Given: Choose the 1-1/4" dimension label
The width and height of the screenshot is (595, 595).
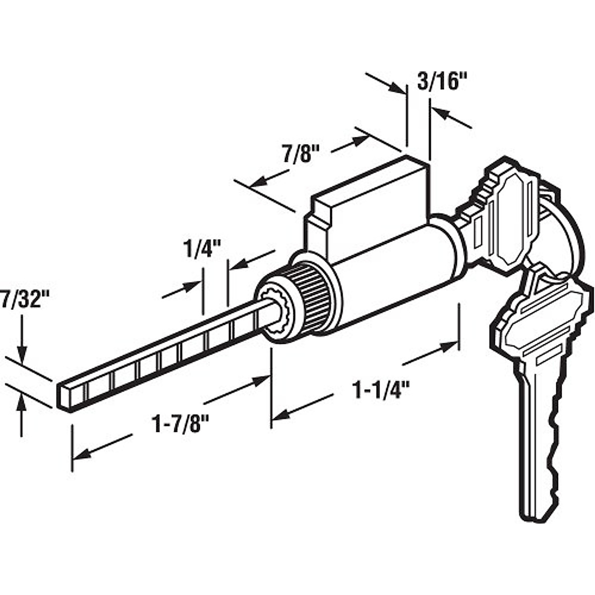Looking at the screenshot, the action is tap(376, 390).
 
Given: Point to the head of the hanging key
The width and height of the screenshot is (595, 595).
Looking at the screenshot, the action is tap(540, 317).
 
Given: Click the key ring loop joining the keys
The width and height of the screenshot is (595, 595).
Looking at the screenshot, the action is tap(565, 233).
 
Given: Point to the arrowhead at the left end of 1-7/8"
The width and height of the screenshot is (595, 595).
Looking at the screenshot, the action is tap(82, 452).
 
